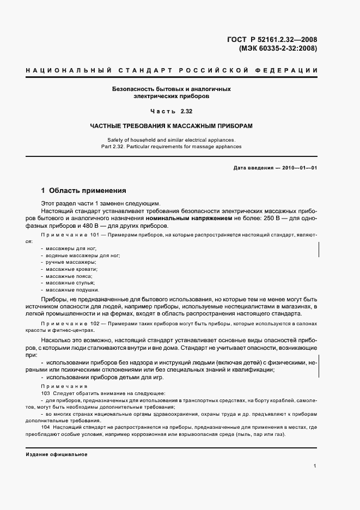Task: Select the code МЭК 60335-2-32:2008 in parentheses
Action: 278,48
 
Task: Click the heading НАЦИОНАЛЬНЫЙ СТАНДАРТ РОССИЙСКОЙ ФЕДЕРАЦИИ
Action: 172,71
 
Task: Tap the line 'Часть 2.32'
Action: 172,111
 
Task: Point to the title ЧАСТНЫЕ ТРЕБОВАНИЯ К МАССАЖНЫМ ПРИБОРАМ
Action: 172,126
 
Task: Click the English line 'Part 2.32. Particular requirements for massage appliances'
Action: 172,146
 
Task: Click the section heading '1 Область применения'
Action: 84,191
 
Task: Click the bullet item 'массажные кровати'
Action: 71,269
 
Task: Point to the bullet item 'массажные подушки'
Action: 72,290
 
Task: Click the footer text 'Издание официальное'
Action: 56,454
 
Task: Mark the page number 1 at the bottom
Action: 315,466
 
